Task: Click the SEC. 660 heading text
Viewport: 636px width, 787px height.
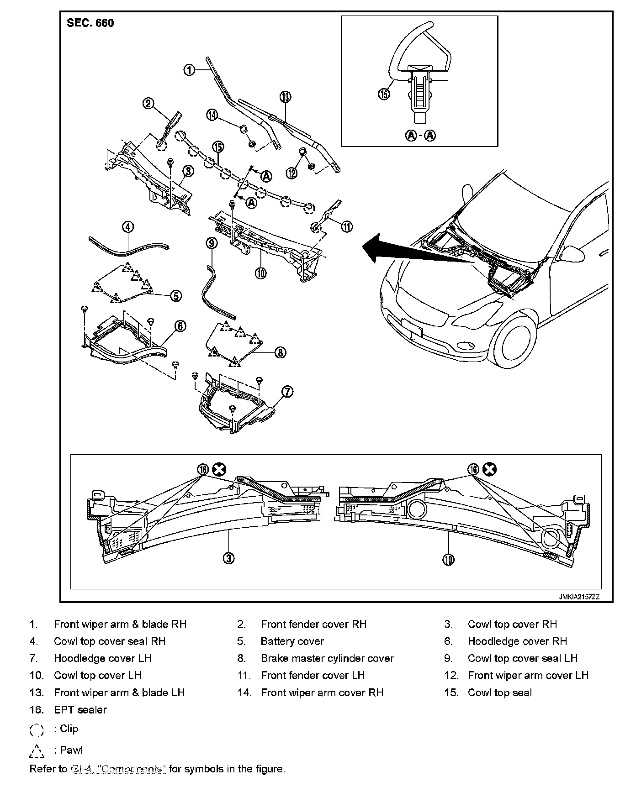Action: tap(90, 23)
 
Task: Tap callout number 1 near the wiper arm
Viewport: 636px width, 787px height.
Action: tap(189, 70)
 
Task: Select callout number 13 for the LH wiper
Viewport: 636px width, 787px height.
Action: tap(286, 97)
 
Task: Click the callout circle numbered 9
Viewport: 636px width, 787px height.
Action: tap(212, 243)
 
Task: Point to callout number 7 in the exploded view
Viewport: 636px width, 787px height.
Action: tap(287, 392)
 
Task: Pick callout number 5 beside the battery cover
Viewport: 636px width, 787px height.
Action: tap(176, 296)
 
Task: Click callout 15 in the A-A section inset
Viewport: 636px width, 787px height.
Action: tap(384, 94)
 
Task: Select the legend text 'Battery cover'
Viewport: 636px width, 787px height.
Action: tap(292, 641)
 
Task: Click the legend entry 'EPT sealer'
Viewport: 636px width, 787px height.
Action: tap(80, 709)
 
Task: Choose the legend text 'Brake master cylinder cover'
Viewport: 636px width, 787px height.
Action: tap(327, 658)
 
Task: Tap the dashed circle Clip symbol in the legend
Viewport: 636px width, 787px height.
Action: tap(37, 730)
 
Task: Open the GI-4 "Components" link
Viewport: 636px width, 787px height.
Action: tap(118, 769)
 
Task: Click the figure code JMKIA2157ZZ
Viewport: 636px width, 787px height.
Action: tap(578, 597)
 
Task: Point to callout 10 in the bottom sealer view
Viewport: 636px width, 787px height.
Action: tap(449, 560)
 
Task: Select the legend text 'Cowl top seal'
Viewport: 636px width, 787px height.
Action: tap(499, 693)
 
